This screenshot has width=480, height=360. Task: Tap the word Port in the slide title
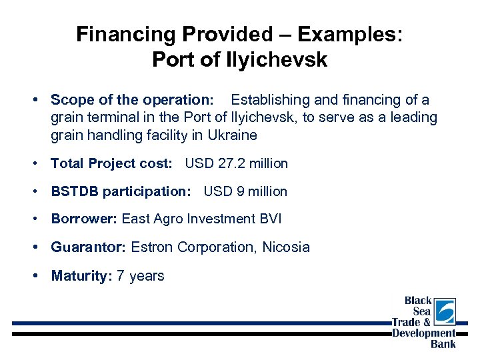pos(173,59)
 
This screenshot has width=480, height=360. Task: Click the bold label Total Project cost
pos(111,163)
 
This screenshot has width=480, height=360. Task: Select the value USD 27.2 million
pos(236,163)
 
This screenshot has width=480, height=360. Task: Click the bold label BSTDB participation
pos(121,191)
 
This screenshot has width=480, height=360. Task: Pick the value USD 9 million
pos(245,191)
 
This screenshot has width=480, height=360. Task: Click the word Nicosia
pos(286,247)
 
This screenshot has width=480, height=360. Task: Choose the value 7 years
pos(140,276)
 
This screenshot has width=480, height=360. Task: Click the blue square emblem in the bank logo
pos(445,311)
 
